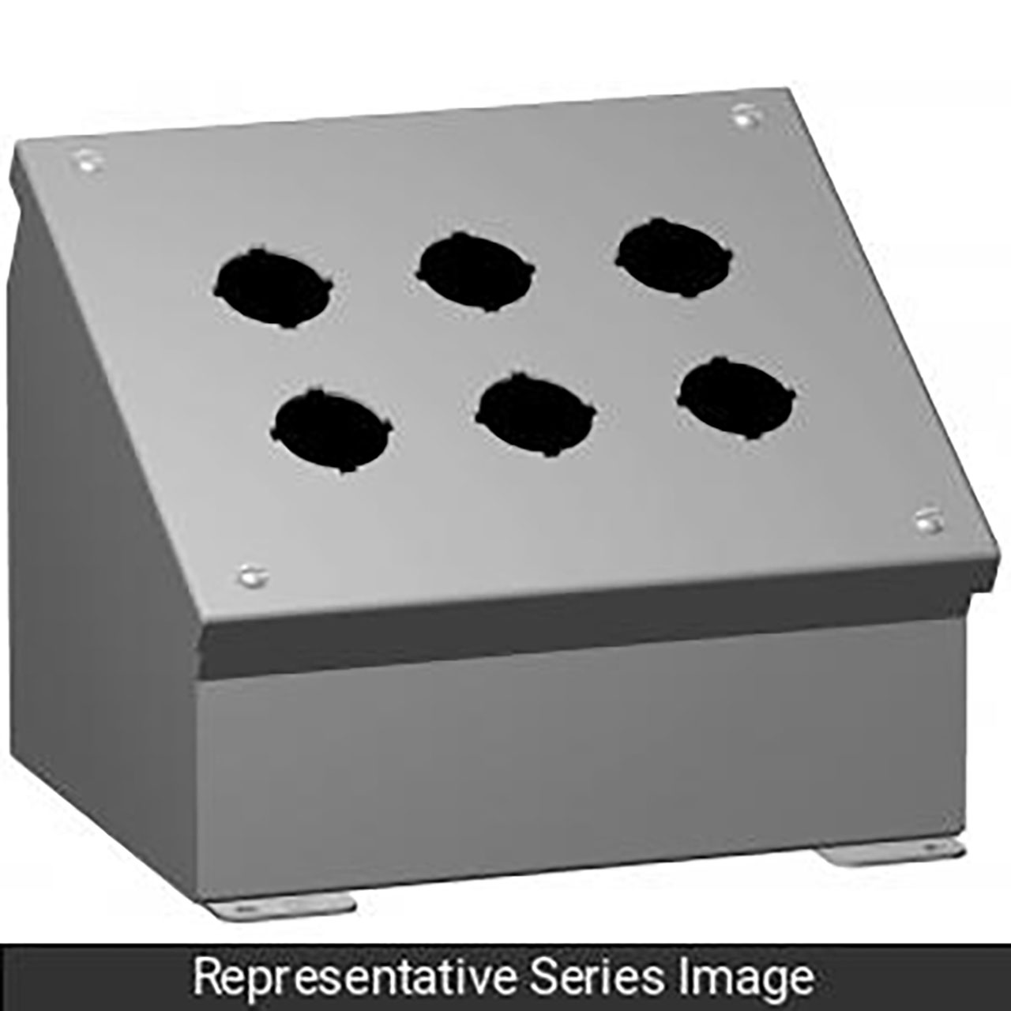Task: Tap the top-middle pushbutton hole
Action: point(476,271)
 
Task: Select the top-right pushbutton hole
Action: point(675,257)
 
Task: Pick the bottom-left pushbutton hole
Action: point(333,431)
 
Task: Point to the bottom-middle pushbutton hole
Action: point(536,415)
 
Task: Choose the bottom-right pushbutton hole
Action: point(736,398)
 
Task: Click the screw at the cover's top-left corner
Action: point(87,162)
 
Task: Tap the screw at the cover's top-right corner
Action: point(745,116)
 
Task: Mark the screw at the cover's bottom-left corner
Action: point(251,576)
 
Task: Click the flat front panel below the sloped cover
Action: point(577,758)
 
